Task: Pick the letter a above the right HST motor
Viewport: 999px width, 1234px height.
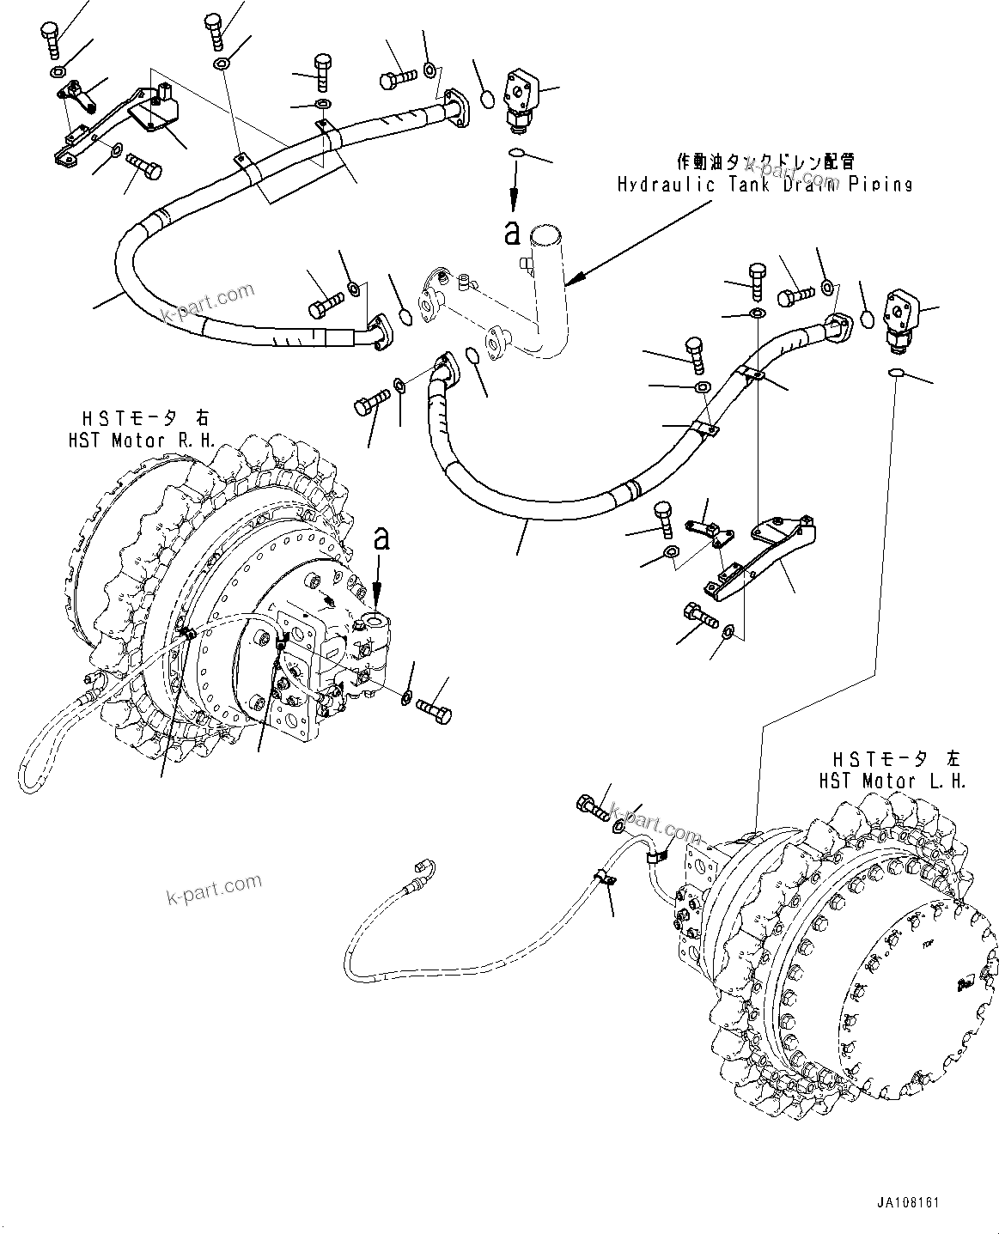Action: pyautogui.click(x=381, y=539)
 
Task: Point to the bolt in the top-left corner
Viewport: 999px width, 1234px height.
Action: pyautogui.click(x=49, y=38)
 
